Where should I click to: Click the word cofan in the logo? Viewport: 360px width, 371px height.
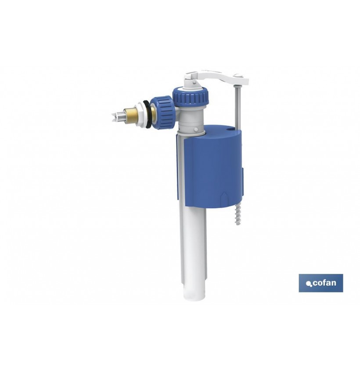(x=324, y=283)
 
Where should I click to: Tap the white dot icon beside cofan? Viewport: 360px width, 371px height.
(x=308, y=284)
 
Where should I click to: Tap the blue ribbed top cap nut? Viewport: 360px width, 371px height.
(x=191, y=96)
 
